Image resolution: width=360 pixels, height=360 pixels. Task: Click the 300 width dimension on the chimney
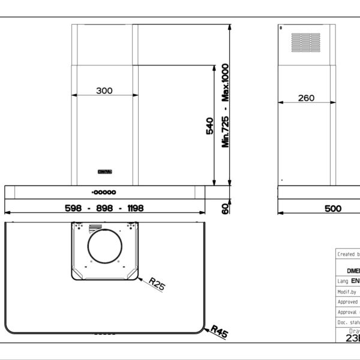(104, 91)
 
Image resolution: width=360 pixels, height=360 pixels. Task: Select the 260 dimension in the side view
(305, 98)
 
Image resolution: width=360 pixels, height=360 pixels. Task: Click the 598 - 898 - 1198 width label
(104, 208)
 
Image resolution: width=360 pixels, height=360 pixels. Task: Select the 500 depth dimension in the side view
(333, 208)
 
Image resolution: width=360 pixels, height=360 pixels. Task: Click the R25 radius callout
(157, 284)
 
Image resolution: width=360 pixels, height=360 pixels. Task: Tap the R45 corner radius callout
(219, 332)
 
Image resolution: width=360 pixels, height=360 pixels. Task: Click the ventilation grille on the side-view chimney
(305, 41)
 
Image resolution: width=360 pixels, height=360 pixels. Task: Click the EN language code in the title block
(355, 280)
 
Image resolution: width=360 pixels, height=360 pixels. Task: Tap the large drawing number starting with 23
(353, 337)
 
